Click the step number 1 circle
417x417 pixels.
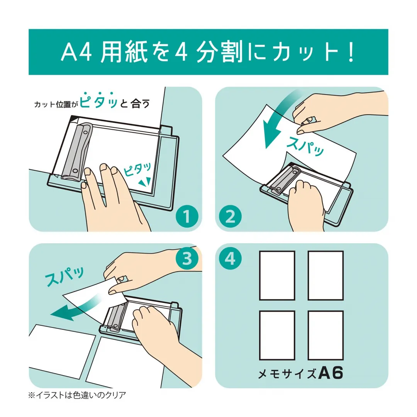point(187,216)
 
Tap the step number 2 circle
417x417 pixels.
point(230,216)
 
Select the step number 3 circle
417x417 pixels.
point(187,259)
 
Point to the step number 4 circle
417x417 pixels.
point(230,259)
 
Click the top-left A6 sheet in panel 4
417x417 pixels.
point(277,275)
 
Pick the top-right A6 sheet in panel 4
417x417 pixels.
point(325,275)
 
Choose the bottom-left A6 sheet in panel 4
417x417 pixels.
point(277,335)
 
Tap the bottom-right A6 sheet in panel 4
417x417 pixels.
point(325,335)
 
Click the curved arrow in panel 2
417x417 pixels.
point(277,120)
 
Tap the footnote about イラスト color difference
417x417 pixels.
point(78,395)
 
